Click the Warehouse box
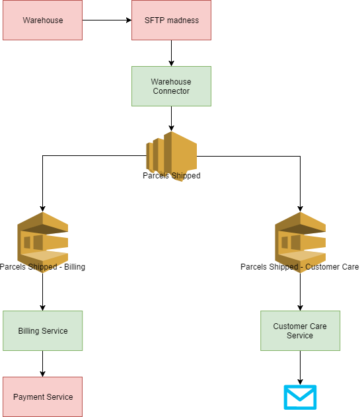pos(42,20)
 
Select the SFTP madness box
pos(172,20)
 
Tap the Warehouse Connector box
pos(172,86)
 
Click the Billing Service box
pos(42,330)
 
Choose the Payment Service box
pos(42,397)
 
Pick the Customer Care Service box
pos(300,330)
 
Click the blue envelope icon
pos(300,397)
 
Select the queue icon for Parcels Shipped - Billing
pos(42,243)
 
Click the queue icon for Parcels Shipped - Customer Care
pos(300,243)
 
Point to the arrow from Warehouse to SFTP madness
pos(107,20)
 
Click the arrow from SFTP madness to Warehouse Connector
pos(172,53)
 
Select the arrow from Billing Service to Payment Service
pos(42,364)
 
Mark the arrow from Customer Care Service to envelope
pos(300,368)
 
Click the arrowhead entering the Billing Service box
pos(42,308)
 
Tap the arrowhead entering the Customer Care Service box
pos(300,308)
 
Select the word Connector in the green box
pos(171,91)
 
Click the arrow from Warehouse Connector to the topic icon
pos(172,119)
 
